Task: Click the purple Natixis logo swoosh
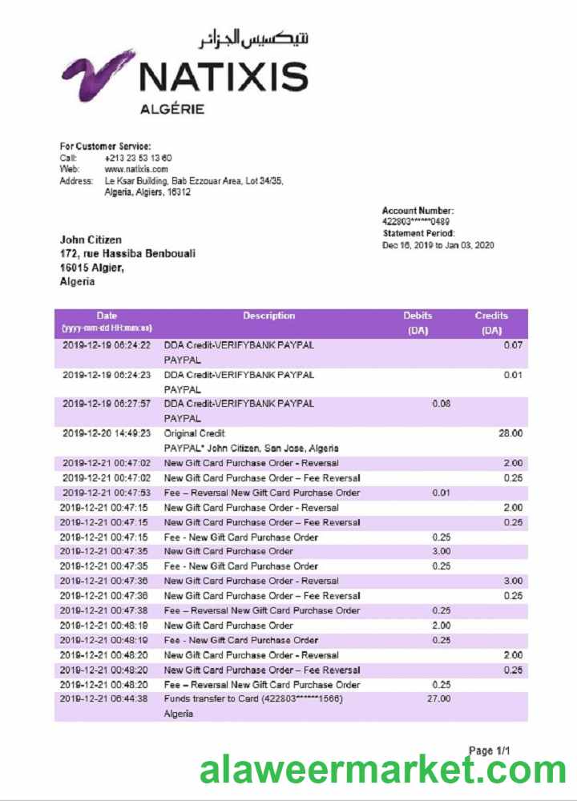(x=97, y=76)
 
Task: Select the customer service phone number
(x=138, y=158)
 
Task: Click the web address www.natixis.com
(x=135, y=169)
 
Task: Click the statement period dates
(x=438, y=245)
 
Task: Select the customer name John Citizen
(x=91, y=239)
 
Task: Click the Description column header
(x=269, y=316)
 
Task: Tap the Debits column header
(x=418, y=316)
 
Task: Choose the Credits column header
(x=490, y=316)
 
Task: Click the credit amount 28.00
(x=511, y=433)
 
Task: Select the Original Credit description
(x=195, y=433)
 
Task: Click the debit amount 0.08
(x=441, y=404)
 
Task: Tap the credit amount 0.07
(x=512, y=344)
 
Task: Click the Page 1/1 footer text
(x=489, y=751)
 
